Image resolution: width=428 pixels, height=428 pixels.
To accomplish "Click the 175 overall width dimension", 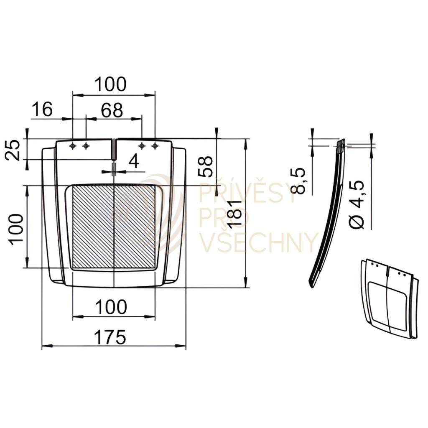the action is pos(110,337).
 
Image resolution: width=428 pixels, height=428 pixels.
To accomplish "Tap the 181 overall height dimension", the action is pos(234,214).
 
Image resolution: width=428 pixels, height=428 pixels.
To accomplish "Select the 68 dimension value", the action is pos(112,110).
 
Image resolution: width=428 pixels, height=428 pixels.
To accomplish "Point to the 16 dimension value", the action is pos(42,109).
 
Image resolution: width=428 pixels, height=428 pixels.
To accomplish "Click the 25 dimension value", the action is pos(13,150).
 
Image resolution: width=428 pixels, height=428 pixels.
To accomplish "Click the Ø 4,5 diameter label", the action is pos(357,204).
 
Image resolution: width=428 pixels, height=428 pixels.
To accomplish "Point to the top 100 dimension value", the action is pos(110,84).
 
